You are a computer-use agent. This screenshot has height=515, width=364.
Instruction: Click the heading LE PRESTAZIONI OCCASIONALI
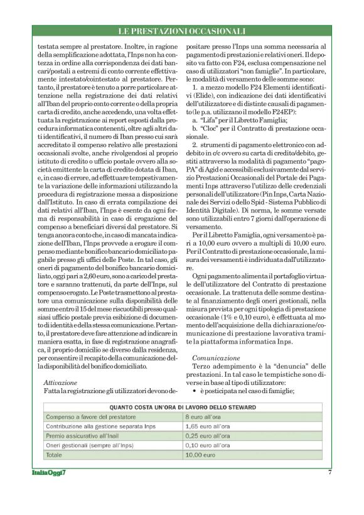pos(182,30)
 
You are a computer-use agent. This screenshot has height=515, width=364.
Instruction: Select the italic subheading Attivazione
pos(60,381)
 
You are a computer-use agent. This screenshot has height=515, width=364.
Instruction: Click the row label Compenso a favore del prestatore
pos(91,416)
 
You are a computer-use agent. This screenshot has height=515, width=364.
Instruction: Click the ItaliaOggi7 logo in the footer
pos(50,472)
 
